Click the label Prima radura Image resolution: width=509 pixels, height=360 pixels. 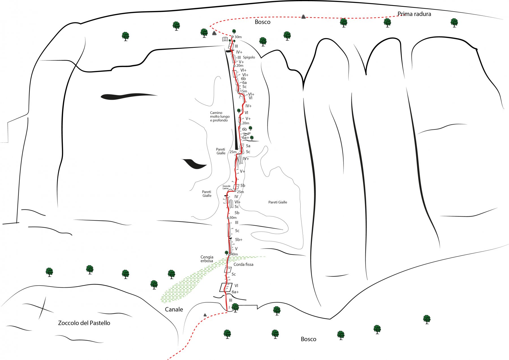pos(414,14)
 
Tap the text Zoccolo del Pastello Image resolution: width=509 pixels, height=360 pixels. pos(84,323)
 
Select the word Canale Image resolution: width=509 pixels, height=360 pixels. pos(174,309)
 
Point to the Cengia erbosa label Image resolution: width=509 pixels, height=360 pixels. pos(207,259)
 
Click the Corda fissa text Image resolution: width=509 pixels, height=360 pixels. pos(243,264)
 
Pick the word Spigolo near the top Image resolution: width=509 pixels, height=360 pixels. pos(249,57)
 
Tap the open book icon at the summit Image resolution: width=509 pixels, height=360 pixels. pos(225,39)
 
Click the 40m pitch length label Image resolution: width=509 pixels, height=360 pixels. pos(234,254)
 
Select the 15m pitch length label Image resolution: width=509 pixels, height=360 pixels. pos(243,91)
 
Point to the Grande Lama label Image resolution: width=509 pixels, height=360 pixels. pos(227,187)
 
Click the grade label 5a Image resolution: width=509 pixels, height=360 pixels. pos(248,146)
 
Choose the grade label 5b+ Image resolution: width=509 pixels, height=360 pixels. pos(239,240)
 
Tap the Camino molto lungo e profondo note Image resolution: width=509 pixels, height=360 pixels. pos(220,116)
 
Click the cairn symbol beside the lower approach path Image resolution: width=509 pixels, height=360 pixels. pos(205,315)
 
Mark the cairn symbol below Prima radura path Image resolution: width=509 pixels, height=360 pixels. pos(303,17)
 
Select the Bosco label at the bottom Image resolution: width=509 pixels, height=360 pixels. pos(308,339)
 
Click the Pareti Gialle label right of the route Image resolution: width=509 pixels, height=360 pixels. pos(278,202)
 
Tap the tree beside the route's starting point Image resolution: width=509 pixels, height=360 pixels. pos(235,307)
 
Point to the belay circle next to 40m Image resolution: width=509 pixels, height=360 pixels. pos(229,255)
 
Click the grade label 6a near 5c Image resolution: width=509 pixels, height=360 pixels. pos(244,83)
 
